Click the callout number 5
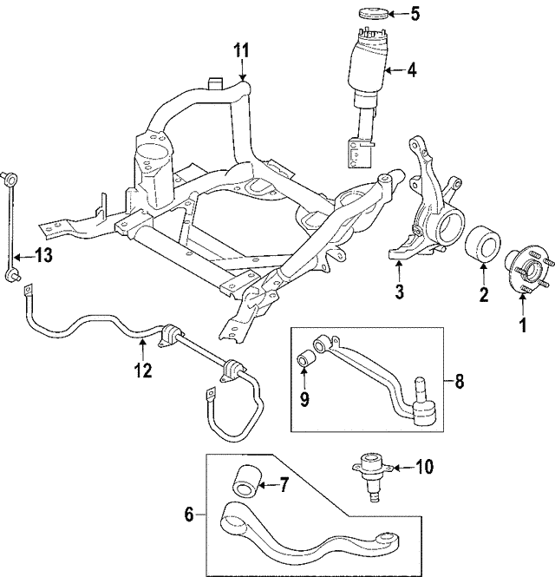415,14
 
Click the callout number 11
242,50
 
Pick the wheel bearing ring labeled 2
482,245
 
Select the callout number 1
523,325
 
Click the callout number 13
43,254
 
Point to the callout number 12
143,370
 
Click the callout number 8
460,382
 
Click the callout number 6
189,515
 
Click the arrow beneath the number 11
242,70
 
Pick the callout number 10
424,467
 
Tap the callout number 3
400,291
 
